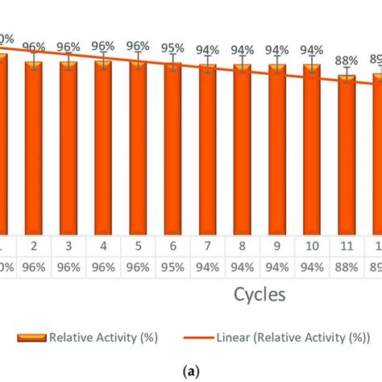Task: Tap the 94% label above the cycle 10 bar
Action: tap(312, 50)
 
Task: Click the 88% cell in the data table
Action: tap(347, 264)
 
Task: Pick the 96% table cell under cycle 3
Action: tap(69, 264)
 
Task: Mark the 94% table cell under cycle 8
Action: tap(243, 264)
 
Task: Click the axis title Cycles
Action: tap(260, 295)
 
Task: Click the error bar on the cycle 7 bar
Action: tap(208, 64)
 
